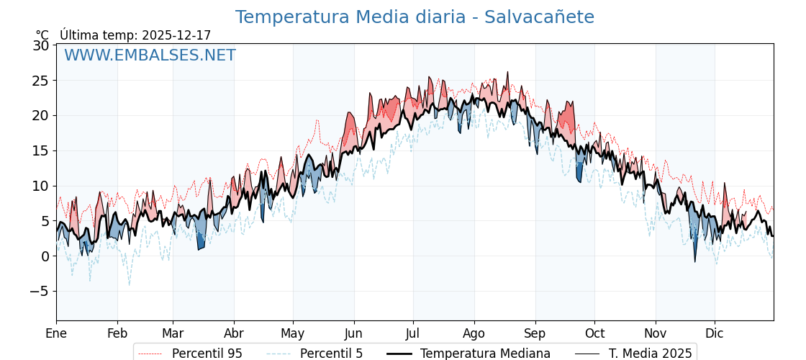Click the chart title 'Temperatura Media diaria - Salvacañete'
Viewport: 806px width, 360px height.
click(x=415, y=17)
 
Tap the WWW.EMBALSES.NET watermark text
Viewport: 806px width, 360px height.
click(x=150, y=55)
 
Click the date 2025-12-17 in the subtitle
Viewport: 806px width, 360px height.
click(x=176, y=35)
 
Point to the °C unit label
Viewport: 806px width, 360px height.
click(x=42, y=35)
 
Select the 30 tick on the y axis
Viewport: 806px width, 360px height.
click(x=41, y=45)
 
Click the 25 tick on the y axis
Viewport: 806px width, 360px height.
click(x=41, y=81)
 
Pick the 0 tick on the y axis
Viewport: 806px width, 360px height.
click(x=45, y=256)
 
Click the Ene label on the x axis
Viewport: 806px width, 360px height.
click(x=56, y=333)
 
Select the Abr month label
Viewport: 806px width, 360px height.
click(x=234, y=333)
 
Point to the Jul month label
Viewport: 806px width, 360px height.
click(x=413, y=333)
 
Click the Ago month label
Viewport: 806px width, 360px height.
click(x=474, y=333)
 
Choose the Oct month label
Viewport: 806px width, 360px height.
click(x=594, y=333)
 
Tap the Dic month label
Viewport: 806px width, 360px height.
click(x=715, y=333)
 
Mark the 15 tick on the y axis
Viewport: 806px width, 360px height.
click(x=41, y=150)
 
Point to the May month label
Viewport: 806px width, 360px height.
click(x=293, y=333)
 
